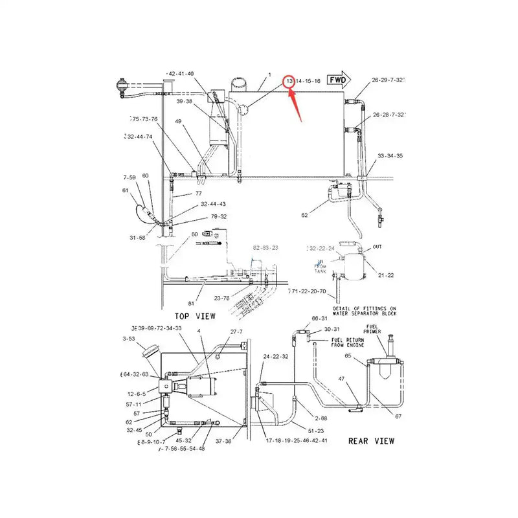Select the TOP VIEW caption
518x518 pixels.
[196, 316]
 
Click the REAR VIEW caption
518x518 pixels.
[371, 441]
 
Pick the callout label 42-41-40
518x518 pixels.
[181, 73]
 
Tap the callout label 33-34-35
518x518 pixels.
[390, 155]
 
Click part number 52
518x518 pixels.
[305, 215]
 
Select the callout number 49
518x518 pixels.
[178, 122]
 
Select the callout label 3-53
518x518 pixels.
[129, 338]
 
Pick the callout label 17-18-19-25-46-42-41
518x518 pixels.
[296, 440]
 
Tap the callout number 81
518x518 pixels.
[191, 303]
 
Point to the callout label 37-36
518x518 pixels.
[224, 441]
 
